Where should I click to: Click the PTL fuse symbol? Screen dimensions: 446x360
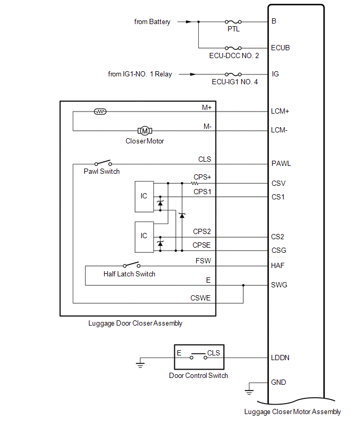233,22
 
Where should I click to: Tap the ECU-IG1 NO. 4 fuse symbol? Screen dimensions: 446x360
233,74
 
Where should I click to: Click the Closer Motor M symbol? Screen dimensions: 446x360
144,130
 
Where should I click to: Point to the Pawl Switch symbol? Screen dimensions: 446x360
103,163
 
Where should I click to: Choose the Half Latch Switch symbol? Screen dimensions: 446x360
131,265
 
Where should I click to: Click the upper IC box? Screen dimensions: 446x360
144,196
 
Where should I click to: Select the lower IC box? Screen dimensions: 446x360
144,236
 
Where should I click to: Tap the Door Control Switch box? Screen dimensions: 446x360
198,358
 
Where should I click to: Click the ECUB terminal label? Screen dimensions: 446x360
280,48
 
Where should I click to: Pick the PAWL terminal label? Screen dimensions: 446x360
281,163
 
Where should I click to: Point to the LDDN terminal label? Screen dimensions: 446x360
280,358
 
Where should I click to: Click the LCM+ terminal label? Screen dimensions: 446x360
280,111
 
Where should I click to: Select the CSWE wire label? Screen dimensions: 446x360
201,298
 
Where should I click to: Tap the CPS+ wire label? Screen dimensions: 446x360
202,177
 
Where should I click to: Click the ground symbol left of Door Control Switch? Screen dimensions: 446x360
140,364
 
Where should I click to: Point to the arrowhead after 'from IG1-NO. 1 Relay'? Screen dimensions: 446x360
183,74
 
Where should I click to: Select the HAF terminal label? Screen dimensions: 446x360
278,266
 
